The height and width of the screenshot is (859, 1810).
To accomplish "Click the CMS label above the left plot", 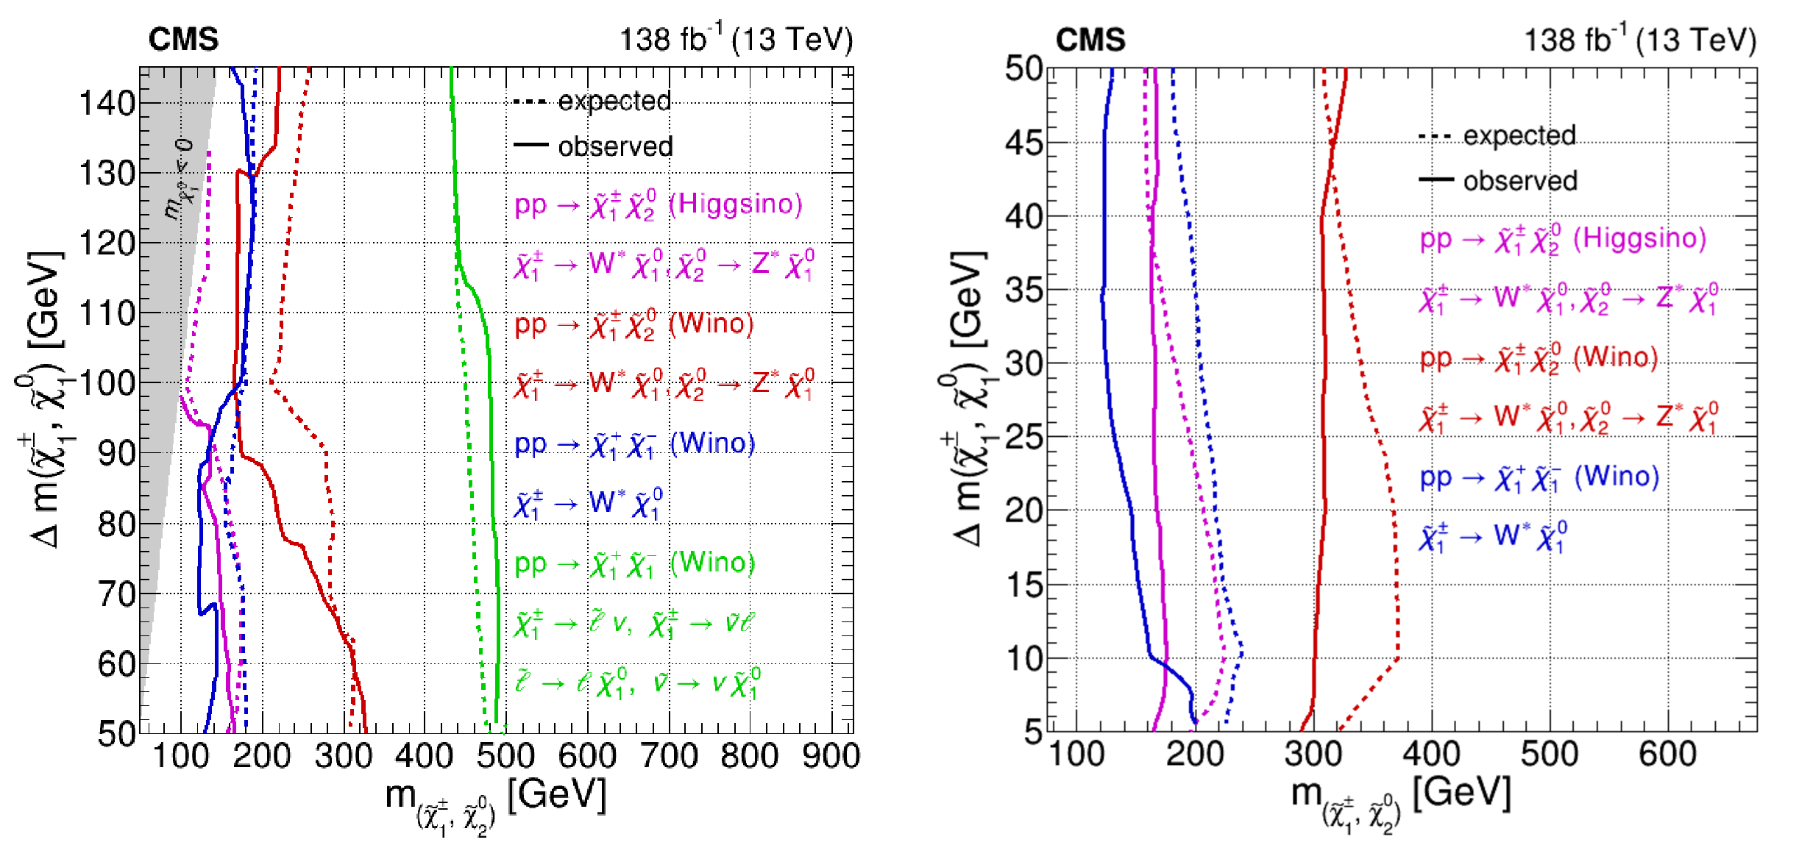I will coord(183,39).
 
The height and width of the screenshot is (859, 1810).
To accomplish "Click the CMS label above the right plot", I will coord(1090,39).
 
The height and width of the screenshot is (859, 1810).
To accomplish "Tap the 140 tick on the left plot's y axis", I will coord(107,103).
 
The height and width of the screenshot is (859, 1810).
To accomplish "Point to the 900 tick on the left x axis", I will coord(831,756).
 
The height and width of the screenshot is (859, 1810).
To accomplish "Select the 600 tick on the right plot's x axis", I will coord(1667,754).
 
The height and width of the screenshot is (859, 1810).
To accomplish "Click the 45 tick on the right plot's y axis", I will coord(1024,143).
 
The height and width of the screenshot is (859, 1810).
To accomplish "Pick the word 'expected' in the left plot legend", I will coord(614,101).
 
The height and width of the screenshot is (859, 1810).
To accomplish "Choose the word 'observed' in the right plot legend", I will coord(1520,181).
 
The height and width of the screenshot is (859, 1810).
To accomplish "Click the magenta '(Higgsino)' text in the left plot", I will coord(735,204).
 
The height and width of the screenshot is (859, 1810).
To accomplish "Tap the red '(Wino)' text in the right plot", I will coord(1616,357).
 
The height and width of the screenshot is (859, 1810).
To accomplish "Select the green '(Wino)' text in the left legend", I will coord(712,563).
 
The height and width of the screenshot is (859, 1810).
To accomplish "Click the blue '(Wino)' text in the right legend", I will coord(1616,477).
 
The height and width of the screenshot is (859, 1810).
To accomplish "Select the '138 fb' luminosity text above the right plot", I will coord(1567,40).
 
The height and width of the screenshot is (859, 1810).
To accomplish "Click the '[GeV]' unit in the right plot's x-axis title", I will coord(1461,793).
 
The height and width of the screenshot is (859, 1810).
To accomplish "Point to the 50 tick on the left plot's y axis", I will coord(116,733).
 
